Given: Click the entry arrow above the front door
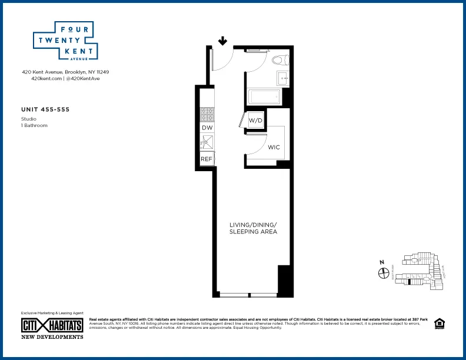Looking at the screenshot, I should (223, 41).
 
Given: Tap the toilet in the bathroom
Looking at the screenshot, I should (278, 59).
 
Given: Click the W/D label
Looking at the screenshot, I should (255, 121).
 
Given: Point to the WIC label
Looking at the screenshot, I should (274, 147).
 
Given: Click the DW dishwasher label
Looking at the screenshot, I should (207, 128).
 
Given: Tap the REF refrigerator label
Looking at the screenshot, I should (207, 159).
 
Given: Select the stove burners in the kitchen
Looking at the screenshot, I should (207, 113).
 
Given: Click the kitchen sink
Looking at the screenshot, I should (207, 141).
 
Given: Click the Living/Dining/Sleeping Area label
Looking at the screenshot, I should (253, 228).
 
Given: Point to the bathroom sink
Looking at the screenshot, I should (282, 78).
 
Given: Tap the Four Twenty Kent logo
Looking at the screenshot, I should (64, 41).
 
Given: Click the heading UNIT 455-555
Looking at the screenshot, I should (45, 109).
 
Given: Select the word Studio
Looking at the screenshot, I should (28, 119).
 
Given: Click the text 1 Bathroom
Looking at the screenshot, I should (34, 125).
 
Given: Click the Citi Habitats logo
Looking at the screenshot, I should (52, 325).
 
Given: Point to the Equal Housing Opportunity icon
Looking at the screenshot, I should (438, 324).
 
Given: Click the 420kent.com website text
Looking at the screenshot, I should (46, 78).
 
